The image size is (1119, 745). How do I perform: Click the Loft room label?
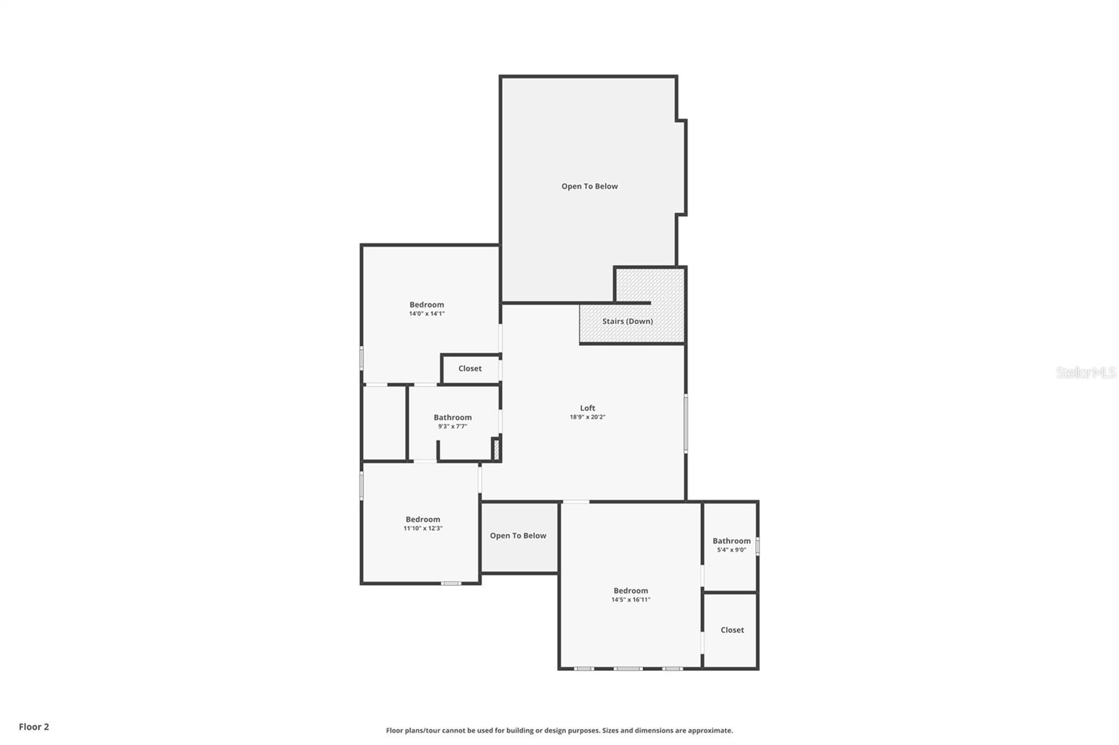pyautogui.click(x=587, y=408)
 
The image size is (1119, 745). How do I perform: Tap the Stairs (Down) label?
pyautogui.click(x=627, y=321)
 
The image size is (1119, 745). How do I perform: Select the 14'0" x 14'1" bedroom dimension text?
pyautogui.click(x=427, y=314)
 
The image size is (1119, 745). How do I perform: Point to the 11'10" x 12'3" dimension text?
pyautogui.click(x=422, y=528)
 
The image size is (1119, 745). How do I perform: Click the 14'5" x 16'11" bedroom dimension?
pyautogui.click(x=631, y=600)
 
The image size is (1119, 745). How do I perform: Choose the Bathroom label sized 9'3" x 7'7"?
pyautogui.click(x=452, y=417)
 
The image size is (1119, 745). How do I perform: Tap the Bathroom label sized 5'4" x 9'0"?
pyautogui.click(x=732, y=541)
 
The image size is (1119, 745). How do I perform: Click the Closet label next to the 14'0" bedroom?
pyautogui.click(x=470, y=368)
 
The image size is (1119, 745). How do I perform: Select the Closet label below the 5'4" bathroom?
pyautogui.click(x=732, y=630)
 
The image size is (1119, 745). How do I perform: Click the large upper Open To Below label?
pyautogui.click(x=590, y=186)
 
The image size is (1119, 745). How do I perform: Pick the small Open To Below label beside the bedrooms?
pyautogui.click(x=518, y=535)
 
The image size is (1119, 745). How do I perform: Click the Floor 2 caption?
pyautogui.click(x=34, y=727)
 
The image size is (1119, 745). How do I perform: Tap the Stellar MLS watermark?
pyautogui.click(x=1085, y=372)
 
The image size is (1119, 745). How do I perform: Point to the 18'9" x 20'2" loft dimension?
pyautogui.click(x=587, y=417)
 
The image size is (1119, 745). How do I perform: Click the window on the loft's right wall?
pyautogui.click(x=686, y=424)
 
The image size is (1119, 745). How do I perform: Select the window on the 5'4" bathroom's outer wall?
pyautogui.click(x=757, y=545)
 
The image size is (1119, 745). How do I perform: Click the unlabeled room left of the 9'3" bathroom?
pyautogui.click(x=384, y=423)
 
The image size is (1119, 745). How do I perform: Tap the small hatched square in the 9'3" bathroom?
pyautogui.click(x=496, y=449)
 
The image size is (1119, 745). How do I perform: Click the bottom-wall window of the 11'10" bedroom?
pyautogui.click(x=451, y=583)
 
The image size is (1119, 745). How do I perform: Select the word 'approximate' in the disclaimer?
pyautogui.click(x=710, y=730)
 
